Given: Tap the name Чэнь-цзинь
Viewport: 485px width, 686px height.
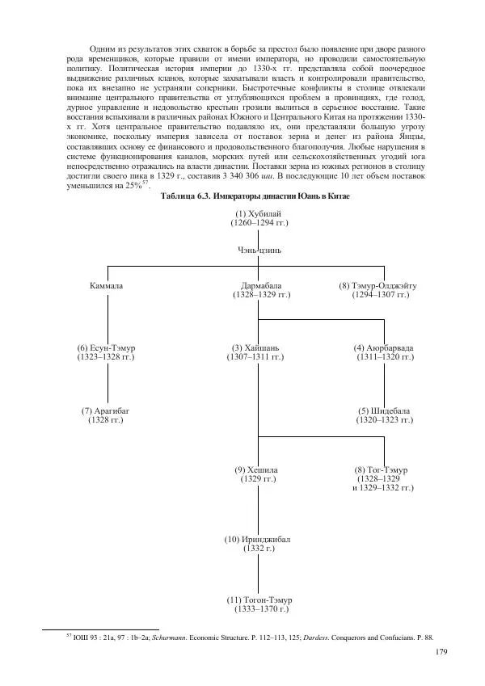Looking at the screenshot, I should tap(258, 250).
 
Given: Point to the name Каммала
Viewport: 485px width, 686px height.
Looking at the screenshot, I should tap(107, 286).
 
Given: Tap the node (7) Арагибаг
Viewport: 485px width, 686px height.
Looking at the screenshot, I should tap(106, 411).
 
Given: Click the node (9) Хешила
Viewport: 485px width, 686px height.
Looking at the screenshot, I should tap(256, 469).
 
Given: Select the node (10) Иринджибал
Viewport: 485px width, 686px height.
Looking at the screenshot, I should tap(256, 539).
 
